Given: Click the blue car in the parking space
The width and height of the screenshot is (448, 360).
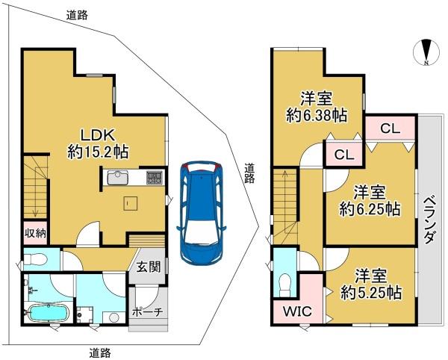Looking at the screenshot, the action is click(201, 213).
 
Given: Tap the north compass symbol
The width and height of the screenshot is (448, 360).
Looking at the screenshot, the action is click(426, 52).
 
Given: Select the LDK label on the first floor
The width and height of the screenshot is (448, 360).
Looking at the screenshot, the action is click(98, 134).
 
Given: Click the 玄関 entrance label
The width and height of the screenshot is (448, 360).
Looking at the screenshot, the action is click(149, 267).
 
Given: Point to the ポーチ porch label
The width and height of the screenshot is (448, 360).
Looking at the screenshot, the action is click(147, 311).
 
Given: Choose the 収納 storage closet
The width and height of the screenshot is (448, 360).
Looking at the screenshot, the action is click(35, 234).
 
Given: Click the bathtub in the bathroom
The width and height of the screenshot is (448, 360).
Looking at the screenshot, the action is click(49, 313).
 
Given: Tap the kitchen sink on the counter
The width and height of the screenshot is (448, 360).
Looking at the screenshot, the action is click(118, 178).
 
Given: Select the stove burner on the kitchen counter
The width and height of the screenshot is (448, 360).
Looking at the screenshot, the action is click(155, 178).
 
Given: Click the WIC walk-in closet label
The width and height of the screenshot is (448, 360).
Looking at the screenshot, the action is click(297, 311).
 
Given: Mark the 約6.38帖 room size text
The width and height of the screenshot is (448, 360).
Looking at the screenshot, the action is click(317, 116).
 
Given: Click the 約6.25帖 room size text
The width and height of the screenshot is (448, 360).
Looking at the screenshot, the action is click(370, 209).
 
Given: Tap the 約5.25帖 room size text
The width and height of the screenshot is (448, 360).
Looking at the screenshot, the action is click(371, 292).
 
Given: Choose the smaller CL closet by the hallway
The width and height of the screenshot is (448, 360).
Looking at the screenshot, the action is click(344, 155).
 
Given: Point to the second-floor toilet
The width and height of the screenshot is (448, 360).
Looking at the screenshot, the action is click(284, 283).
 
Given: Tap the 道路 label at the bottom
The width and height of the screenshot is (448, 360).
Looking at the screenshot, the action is click(100, 353).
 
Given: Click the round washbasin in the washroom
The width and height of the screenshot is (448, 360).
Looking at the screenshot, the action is click(114, 317).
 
